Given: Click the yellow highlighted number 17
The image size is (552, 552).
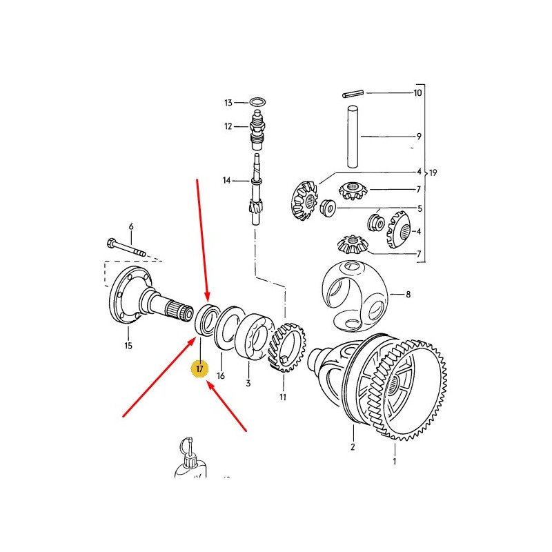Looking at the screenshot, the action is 199,369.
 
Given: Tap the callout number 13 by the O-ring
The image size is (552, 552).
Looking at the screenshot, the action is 228,103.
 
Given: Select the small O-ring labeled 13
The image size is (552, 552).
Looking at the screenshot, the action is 257,102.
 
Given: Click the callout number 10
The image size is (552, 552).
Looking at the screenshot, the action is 417,93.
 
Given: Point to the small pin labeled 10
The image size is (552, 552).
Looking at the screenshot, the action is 353,94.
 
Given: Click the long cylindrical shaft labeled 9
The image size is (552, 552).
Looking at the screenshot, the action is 353,137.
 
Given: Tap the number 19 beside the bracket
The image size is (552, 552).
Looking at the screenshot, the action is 433,173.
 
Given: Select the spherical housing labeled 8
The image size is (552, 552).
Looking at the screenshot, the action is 355,296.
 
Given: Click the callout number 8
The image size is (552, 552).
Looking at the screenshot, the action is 408,295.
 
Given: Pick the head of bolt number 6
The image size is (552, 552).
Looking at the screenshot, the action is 110,243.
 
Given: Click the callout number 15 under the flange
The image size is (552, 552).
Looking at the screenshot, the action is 128,346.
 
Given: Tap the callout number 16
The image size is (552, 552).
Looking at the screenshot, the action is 221,376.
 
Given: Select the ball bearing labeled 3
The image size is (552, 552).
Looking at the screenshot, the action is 253,336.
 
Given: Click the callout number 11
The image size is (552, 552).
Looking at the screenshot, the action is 283,397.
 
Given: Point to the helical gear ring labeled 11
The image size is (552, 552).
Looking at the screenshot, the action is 286,347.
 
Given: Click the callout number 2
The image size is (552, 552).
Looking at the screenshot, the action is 353,447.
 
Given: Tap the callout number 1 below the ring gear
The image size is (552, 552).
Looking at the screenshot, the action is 395,461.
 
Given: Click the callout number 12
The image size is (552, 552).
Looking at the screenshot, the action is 228,126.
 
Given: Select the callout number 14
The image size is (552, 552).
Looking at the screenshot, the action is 227,181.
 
